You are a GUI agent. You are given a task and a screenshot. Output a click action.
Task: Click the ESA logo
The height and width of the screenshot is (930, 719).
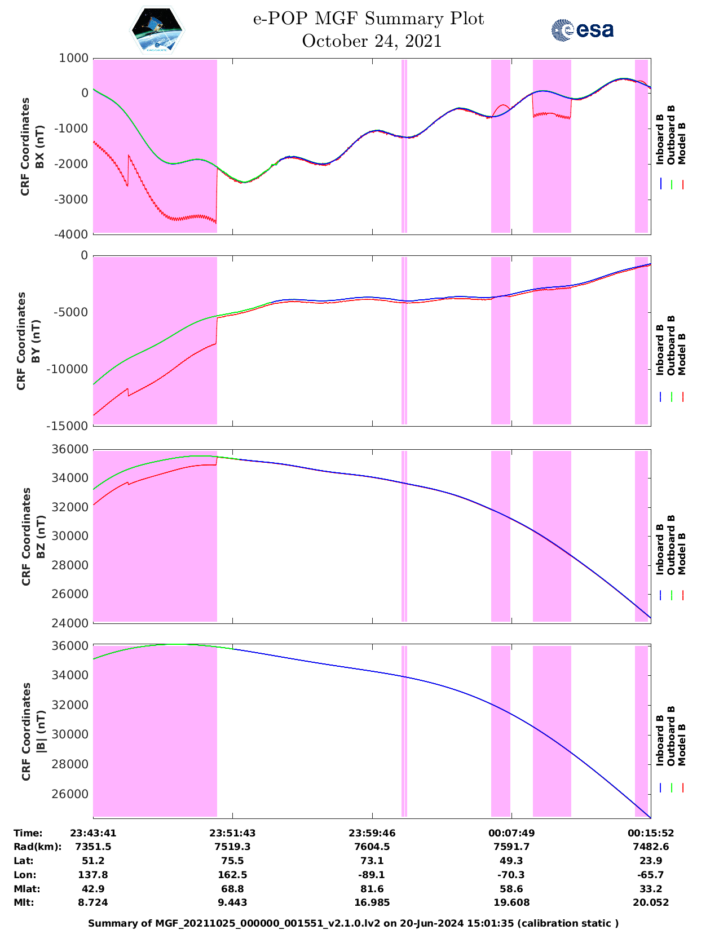[x=582, y=30]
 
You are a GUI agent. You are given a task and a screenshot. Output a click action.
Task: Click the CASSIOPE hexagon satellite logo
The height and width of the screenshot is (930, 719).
[x=157, y=30]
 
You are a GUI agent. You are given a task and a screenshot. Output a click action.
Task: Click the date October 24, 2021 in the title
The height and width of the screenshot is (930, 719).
[x=371, y=41]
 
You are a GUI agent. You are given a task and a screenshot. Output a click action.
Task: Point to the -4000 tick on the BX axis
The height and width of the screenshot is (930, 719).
[x=73, y=234]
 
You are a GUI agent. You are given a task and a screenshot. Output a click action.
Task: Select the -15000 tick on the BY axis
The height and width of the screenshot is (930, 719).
[x=70, y=426]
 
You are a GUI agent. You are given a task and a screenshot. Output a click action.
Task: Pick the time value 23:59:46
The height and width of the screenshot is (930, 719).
[x=372, y=833]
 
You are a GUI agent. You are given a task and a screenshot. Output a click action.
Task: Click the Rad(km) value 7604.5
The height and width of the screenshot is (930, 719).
[x=372, y=847]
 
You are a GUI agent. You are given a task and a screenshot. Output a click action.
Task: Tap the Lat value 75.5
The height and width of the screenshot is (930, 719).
[x=232, y=861]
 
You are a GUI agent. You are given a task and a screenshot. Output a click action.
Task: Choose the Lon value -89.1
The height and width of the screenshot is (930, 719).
[x=372, y=875]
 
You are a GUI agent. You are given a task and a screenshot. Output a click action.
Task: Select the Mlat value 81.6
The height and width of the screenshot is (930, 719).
[x=372, y=889]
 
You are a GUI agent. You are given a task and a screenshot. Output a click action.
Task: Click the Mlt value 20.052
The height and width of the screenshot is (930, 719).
[x=651, y=902]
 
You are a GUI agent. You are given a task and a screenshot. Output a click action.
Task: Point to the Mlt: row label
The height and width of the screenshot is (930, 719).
[x=24, y=902]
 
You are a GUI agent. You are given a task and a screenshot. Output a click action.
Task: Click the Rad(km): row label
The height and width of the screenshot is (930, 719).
[x=37, y=847]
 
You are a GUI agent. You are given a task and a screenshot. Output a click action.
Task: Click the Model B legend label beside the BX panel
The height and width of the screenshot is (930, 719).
[x=682, y=143]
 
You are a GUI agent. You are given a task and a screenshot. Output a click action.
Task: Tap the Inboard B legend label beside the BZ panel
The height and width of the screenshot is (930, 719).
[x=660, y=550]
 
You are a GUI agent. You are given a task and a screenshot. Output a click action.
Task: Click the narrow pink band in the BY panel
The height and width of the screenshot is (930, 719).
[x=404, y=340]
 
